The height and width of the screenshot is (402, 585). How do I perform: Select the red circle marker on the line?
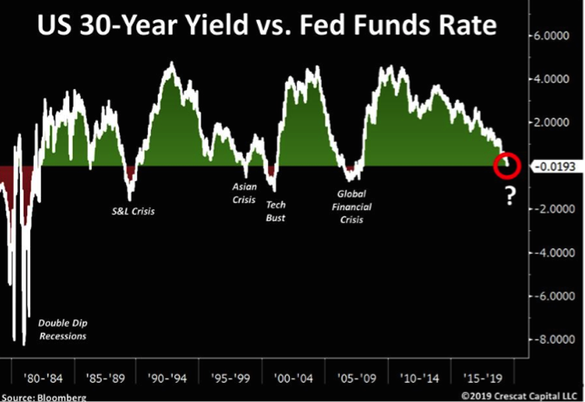(505, 166)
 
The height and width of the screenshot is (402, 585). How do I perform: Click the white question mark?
(511, 194)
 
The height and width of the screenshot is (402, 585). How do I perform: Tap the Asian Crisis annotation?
(246, 192)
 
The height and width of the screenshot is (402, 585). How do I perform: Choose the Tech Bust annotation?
(276, 211)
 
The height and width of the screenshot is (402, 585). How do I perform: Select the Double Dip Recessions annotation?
(62, 329)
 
